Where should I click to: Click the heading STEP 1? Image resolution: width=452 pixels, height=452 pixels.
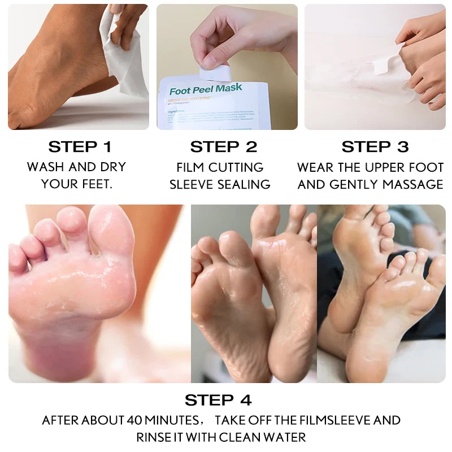point(80,147)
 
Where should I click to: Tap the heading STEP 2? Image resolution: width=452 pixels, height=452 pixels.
point(224,147)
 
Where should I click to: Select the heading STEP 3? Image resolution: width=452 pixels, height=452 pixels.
point(375,147)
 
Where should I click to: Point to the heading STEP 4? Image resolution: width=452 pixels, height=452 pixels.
point(218,400)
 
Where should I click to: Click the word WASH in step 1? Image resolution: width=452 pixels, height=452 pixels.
point(45,167)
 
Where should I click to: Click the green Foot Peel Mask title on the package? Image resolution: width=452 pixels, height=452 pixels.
point(206,89)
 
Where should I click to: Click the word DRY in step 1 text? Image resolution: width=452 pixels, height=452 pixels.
point(113,167)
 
